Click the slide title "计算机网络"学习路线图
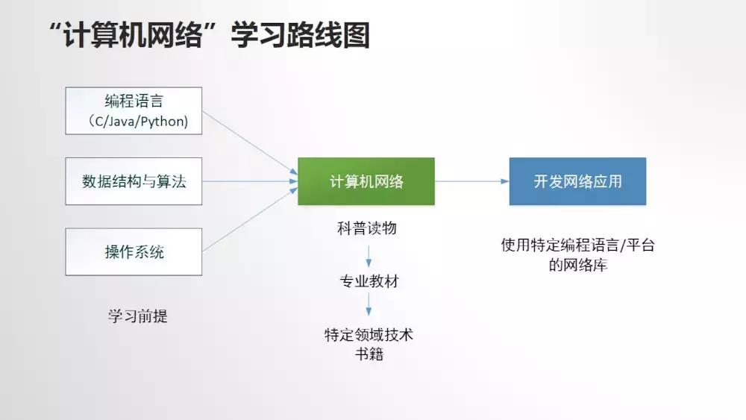[208, 35]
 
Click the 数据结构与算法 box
[134, 181]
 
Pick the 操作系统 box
[134, 251]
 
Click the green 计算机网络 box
[366, 181]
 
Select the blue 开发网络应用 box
[577, 181]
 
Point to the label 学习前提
[138, 316]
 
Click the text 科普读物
[367, 228]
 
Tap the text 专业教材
[369, 282]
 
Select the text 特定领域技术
[369, 335]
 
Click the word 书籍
[369, 354]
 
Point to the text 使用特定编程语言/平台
[577, 245]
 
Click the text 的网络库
[577, 264]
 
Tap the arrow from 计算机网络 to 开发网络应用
[471, 181]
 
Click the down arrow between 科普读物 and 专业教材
[369, 255]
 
